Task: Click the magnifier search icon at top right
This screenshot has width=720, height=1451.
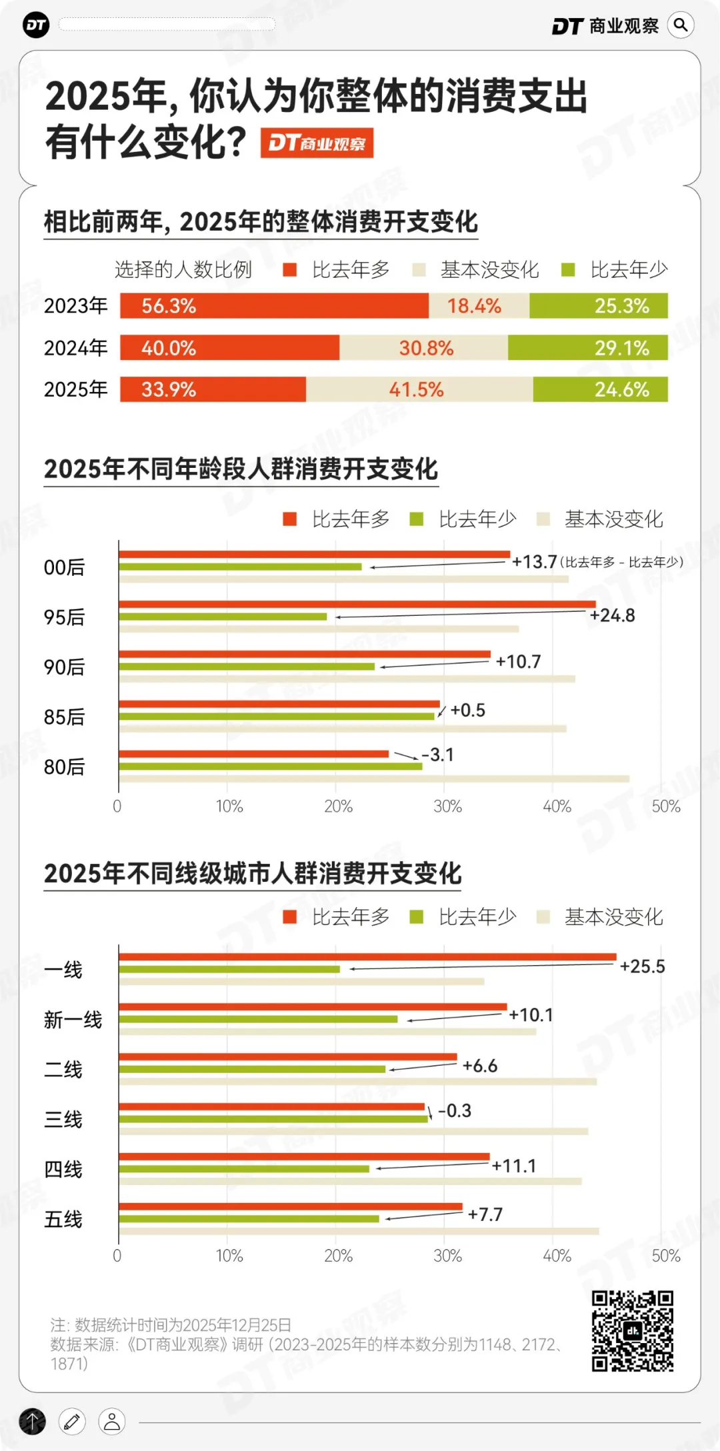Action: [681, 25]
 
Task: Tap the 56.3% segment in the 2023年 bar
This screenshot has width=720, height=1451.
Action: [273, 306]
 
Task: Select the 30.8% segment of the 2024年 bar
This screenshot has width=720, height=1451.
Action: [424, 348]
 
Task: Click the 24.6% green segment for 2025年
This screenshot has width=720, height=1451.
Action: [600, 389]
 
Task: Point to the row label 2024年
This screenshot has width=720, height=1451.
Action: [75, 348]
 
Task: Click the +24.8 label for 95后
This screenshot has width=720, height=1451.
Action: [612, 615]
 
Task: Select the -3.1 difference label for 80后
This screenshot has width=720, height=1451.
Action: [438, 755]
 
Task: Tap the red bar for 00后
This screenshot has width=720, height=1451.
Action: [313, 555]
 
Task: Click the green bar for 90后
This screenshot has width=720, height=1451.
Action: [247, 667]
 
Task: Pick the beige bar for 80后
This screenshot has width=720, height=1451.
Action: [373, 778]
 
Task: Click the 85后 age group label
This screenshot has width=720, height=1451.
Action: [64, 717]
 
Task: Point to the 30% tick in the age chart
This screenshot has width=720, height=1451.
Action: [447, 806]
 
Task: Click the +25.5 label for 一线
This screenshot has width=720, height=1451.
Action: [642, 966]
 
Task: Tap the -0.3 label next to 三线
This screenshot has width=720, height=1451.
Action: [455, 1111]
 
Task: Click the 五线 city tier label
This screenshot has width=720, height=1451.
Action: [63, 1220]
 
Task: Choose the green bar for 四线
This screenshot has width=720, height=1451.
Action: [243, 1169]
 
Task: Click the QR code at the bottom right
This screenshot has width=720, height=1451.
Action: [632, 1330]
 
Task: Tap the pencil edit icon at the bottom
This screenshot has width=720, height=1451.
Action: [72, 1422]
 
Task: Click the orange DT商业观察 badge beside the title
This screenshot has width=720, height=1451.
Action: [317, 143]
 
